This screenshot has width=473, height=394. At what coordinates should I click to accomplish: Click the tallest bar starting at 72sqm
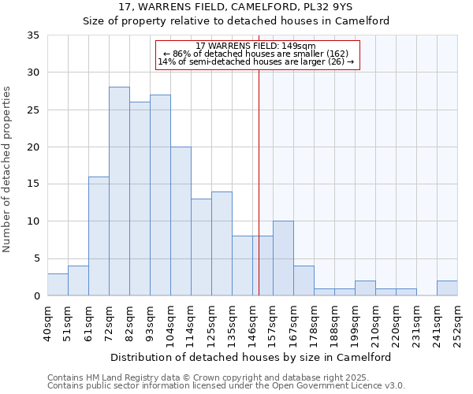point(119,191)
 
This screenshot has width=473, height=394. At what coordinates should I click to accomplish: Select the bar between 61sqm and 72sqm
point(99,236)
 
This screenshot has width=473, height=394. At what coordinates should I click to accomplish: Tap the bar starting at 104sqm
point(181,221)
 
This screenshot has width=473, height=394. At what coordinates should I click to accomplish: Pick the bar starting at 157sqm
point(283,258)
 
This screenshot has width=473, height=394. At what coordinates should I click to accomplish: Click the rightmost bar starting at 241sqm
point(447,288)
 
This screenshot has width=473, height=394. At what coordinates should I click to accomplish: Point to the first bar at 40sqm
point(58,284)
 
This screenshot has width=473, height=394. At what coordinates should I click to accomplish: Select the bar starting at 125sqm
point(222,243)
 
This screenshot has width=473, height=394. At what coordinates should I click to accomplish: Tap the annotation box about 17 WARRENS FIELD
point(257,54)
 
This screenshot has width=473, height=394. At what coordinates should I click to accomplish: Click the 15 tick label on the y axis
point(33,184)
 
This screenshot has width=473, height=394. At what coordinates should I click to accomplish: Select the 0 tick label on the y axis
point(36,296)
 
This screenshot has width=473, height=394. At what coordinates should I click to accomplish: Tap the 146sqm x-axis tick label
point(252,324)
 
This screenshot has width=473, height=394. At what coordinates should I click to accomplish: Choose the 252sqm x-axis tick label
point(457,324)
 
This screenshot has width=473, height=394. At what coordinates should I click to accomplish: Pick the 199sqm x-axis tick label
point(355,324)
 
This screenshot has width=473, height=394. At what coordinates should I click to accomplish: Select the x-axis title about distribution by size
point(251,357)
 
